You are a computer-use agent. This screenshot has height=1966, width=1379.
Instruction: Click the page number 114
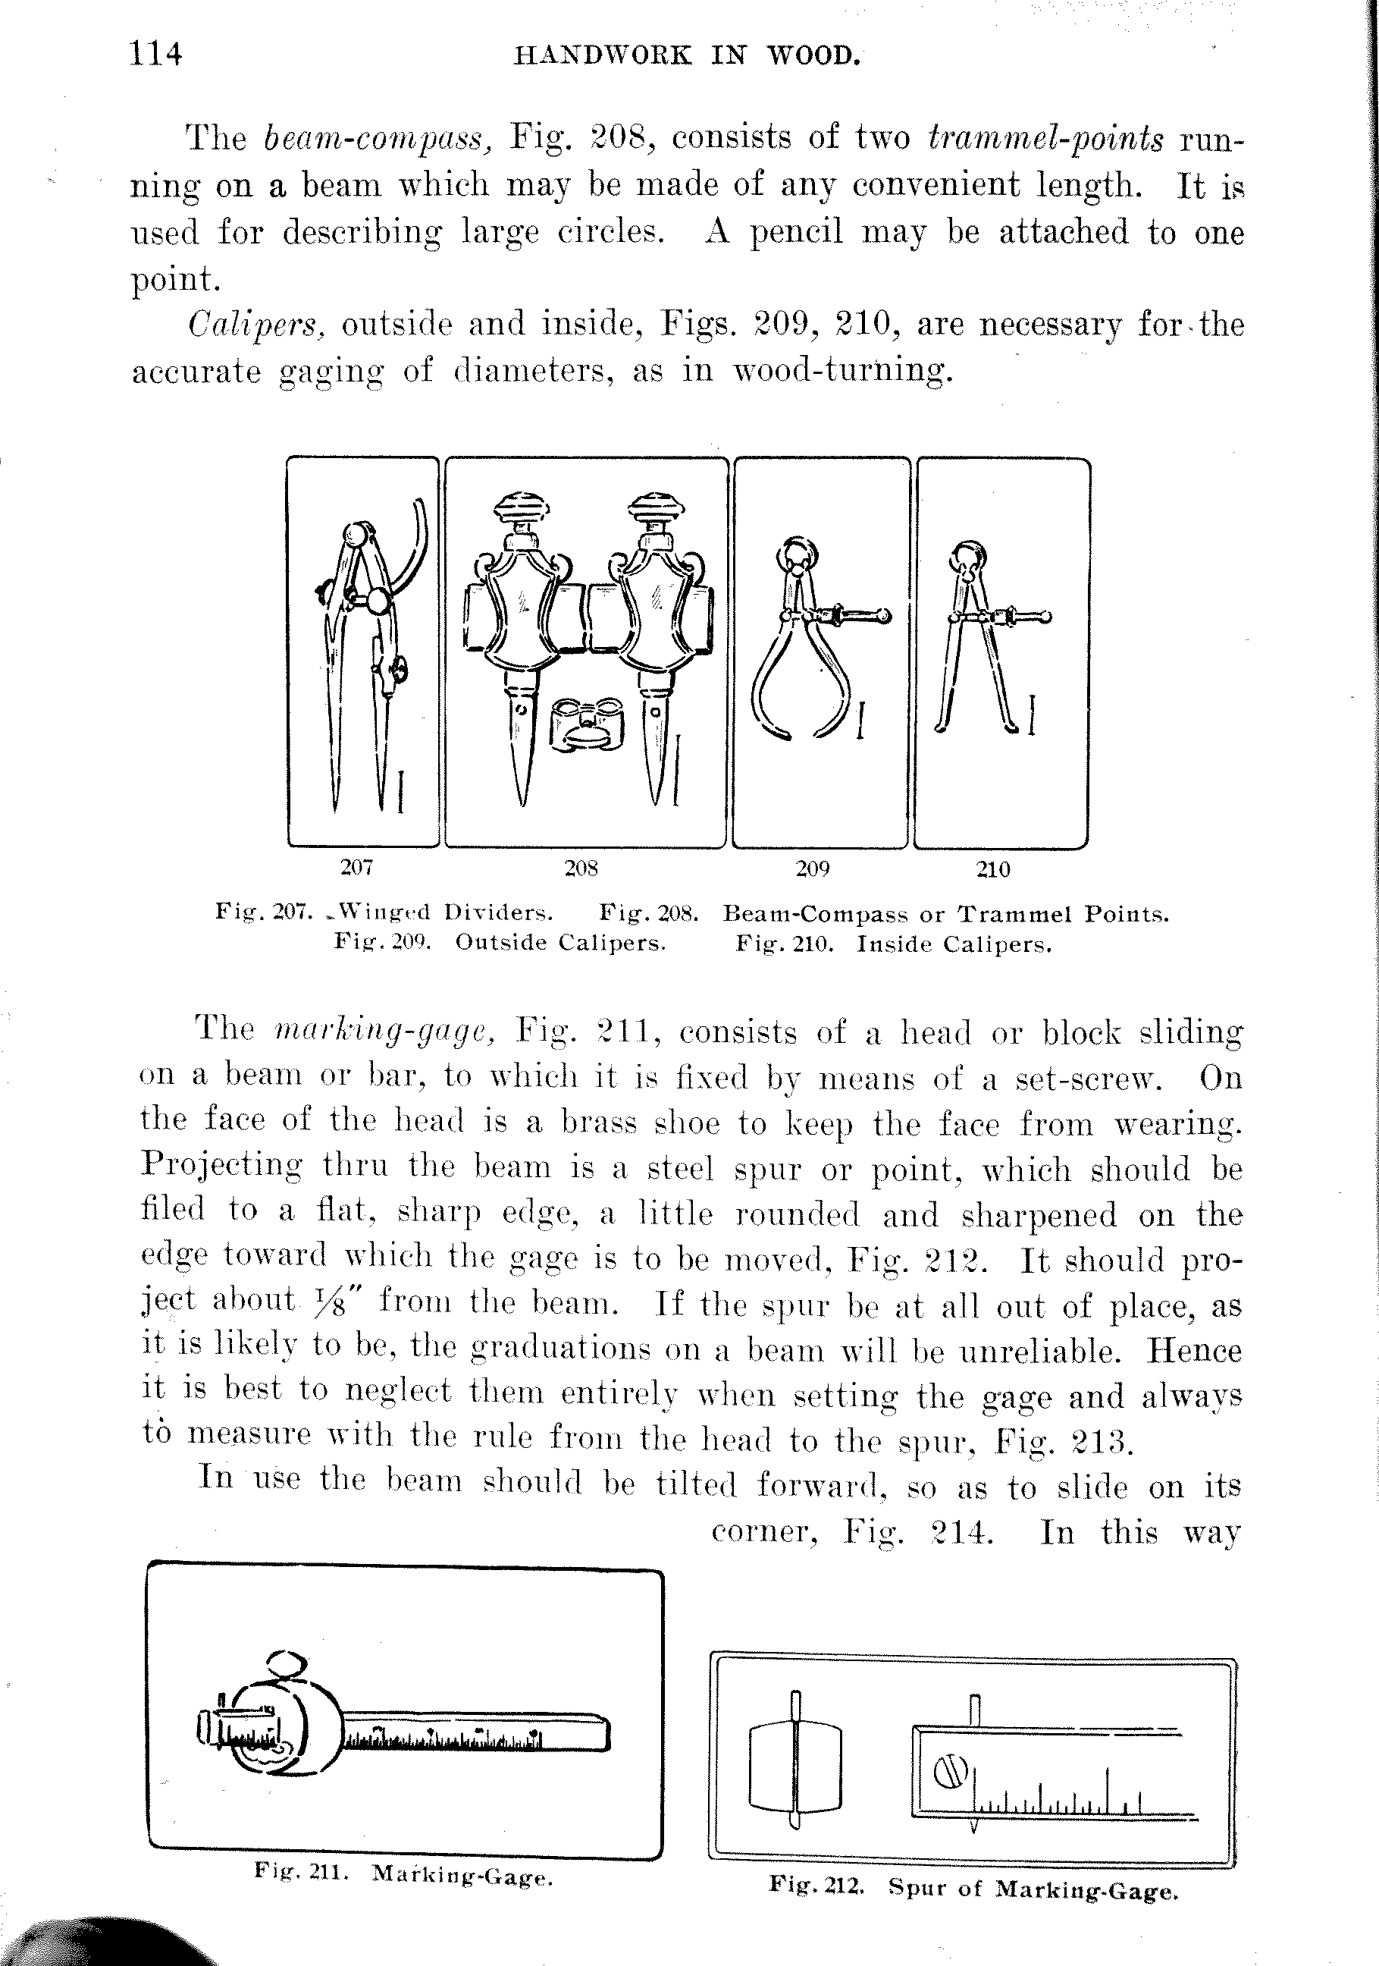click(x=155, y=55)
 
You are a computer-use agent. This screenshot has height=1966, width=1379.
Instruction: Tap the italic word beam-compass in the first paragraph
click(x=376, y=138)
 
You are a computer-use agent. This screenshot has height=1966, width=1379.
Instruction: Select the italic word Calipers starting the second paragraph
click(x=256, y=325)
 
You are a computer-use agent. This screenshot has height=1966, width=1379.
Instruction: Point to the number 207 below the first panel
click(x=356, y=868)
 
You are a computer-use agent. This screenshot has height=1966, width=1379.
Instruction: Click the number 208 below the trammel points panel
click(x=581, y=868)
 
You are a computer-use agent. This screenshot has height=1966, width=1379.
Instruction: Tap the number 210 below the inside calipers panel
click(x=993, y=870)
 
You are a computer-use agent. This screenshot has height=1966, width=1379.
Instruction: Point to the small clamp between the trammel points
click(x=586, y=724)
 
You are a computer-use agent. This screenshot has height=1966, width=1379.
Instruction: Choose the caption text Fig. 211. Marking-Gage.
click(x=403, y=1875)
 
